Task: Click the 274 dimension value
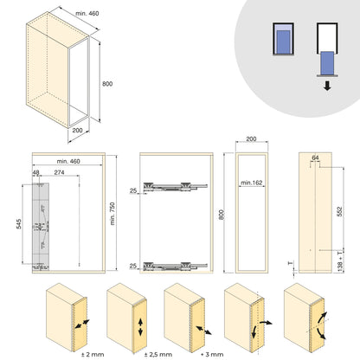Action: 58,174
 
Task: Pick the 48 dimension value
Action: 37,174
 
